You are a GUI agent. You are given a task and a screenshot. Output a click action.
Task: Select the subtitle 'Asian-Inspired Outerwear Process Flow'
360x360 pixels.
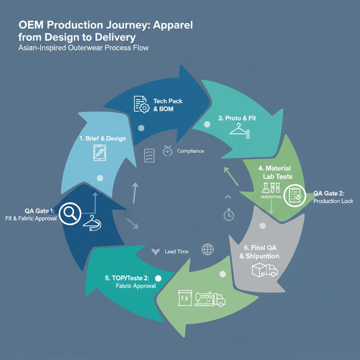point(83,48)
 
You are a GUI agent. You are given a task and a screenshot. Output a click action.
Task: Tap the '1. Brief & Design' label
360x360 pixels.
point(102,138)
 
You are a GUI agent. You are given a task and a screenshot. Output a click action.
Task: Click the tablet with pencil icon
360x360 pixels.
point(100,153)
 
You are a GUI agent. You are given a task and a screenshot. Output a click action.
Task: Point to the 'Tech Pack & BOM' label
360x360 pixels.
point(168,105)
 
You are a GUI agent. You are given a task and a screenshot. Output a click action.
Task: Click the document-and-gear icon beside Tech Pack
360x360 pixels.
point(141,104)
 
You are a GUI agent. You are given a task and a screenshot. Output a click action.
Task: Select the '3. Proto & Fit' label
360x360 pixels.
point(237,118)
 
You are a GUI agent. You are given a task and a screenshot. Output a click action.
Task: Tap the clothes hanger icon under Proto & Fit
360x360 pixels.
point(239,132)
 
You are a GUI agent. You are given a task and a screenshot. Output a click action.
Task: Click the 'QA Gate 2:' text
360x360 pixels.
point(329,193)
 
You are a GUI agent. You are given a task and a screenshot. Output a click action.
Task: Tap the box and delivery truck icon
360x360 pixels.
point(264,270)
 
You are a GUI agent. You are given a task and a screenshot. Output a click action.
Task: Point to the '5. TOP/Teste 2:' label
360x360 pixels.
point(127,278)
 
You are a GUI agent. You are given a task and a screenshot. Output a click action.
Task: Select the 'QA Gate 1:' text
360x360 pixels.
point(40,211)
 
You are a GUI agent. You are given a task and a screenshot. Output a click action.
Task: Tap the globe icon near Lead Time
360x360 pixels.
point(207,250)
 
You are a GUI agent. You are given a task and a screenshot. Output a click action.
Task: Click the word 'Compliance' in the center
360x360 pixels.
point(190,151)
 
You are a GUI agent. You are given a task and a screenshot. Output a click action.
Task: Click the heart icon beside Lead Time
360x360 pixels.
point(156,251)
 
